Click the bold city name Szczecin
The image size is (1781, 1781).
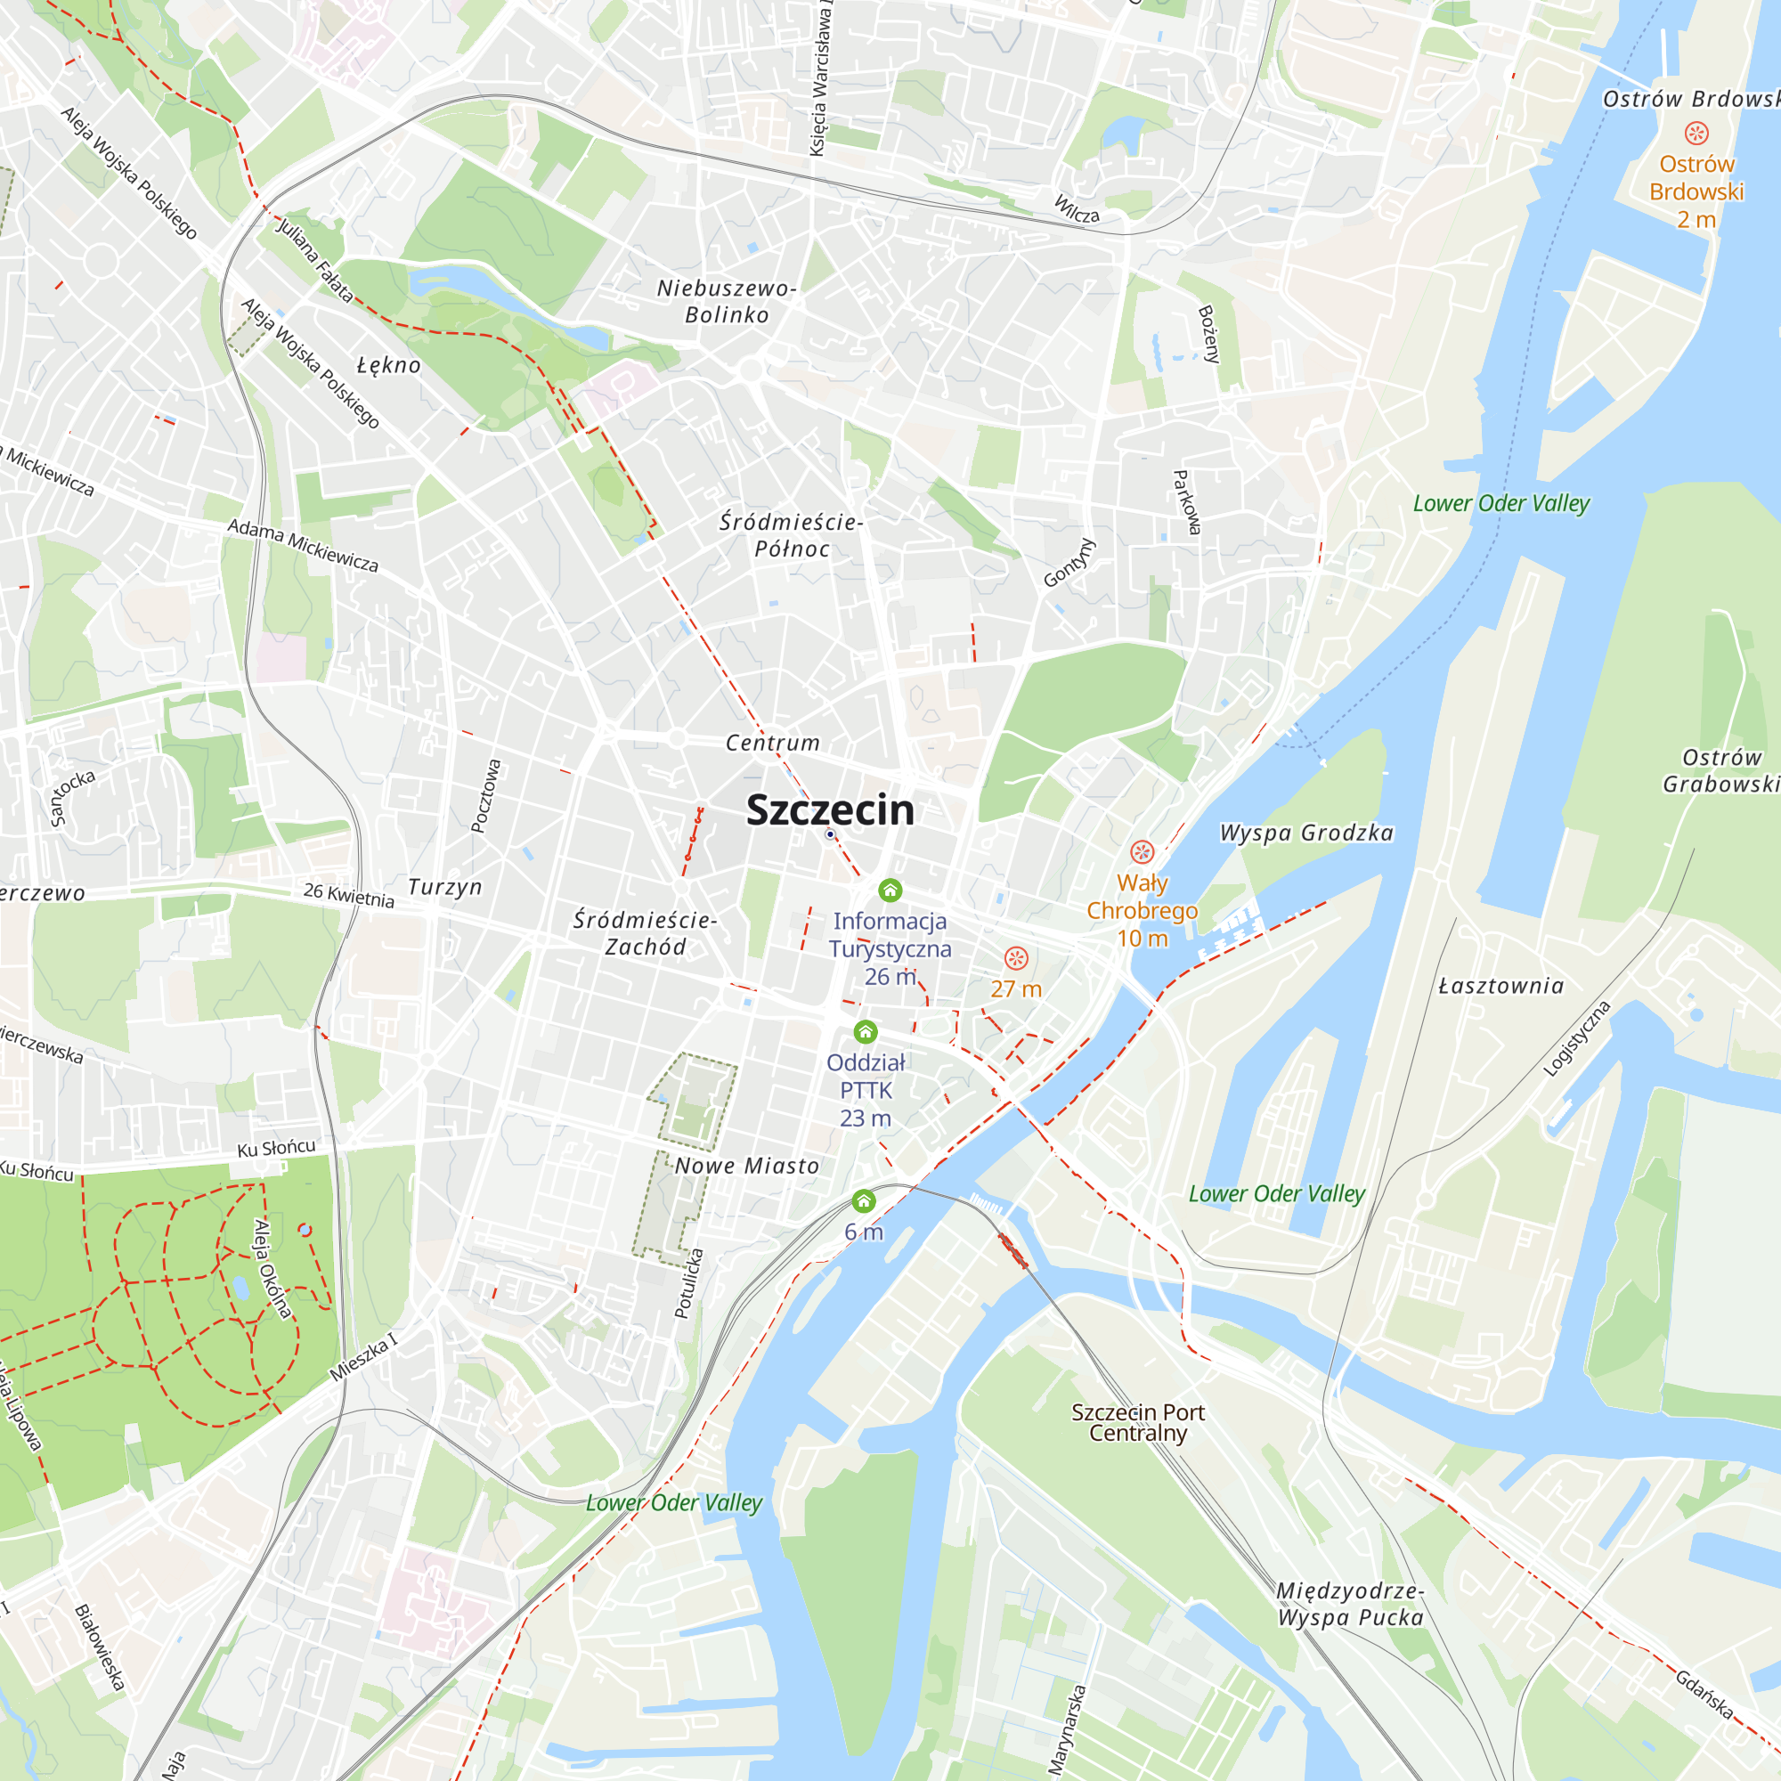[x=830, y=810]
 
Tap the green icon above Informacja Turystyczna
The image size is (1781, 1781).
[x=890, y=890]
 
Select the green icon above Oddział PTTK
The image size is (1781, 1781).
[x=865, y=1031]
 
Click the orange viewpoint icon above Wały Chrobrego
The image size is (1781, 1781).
[x=1142, y=852]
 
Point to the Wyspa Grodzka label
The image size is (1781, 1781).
[x=1305, y=834]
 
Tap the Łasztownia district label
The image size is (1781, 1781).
[x=1500, y=987]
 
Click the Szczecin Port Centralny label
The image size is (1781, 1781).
[x=1137, y=1422]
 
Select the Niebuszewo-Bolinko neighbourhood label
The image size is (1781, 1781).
[x=727, y=302]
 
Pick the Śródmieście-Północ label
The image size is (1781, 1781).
[x=791, y=535]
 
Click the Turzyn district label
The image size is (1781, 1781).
[x=445, y=887]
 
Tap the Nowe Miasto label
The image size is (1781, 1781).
[x=747, y=1167]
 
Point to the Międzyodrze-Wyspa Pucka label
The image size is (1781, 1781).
[x=1351, y=1604]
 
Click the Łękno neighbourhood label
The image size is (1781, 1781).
[x=389, y=365]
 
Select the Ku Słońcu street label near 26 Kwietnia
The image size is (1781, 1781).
[x=276, y=1148]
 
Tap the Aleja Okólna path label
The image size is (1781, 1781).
[x=272, y=1267]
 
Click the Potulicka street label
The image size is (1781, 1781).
[x=688, y=1283]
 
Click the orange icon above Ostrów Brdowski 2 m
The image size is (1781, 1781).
[x=1696, y=134]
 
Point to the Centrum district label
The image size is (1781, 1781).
[x=772, y=743]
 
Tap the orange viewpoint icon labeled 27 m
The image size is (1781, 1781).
[x=1016, y=959]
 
